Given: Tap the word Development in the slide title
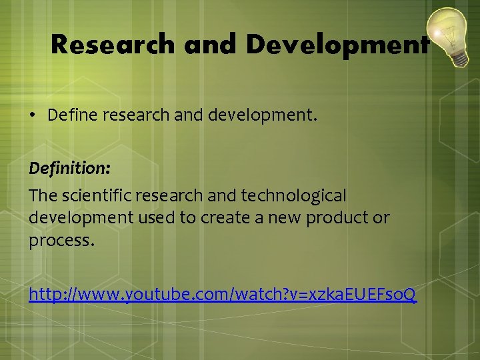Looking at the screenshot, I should pos(337,45).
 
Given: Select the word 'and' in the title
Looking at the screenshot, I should pos(211,45).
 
